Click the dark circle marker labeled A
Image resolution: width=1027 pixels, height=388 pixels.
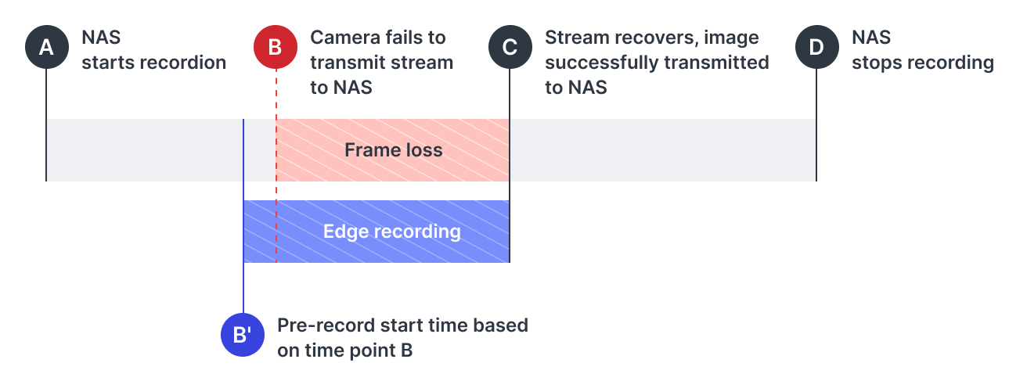pos(46,48)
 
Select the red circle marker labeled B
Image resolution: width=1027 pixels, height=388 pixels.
pos(276,48)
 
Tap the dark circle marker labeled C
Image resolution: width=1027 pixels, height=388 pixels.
pos(510,48)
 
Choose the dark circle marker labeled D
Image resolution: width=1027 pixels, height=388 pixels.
pos(816,48)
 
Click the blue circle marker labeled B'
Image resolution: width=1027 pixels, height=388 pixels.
pos(243,336)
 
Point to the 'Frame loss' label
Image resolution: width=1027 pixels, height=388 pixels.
pos(393,150)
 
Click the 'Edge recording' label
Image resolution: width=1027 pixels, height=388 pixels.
pos(391,232)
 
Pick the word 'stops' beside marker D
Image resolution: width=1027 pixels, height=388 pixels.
pos(877,63)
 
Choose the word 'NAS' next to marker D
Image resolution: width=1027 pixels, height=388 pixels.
pos(870,38)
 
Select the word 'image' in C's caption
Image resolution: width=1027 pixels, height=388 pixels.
pos(734,38)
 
